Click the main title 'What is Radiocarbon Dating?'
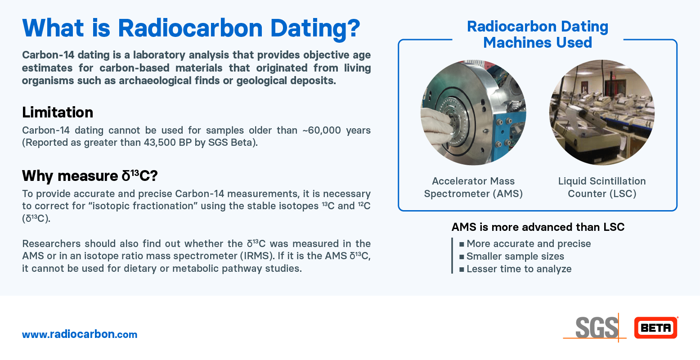pyautogui.click(x=191, y=28)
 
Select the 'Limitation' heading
pyautogui.click(x=58, y=112)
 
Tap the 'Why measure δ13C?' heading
pyautogui.click(x=90, y=175)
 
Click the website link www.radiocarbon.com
pyautogui.click(x=80, y=334)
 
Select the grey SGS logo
pyautogui.click(x=596, y=328)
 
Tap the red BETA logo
pyautogui.click(x=655, y=328)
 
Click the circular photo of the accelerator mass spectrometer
pyautogui.click(x=473, y=112)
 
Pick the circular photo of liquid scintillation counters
pyautogui.click(x=601, y=112)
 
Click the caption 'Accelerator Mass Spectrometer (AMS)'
pyautogui.click(x=473, y=187)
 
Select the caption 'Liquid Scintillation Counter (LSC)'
pyautogui.click(x=601, y=187)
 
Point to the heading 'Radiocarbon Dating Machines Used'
pyautogui.click(x=538, y=34)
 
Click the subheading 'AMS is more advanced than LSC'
pyautogui.click(x=538, y=227)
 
